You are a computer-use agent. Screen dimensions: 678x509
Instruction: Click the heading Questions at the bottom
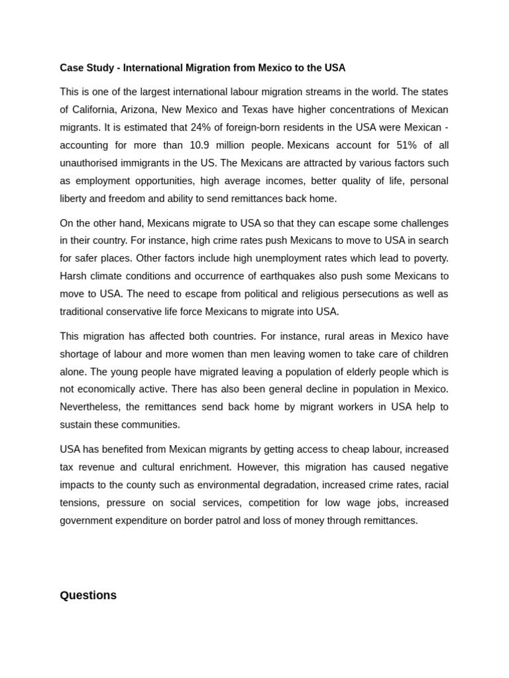[x=88, y=595]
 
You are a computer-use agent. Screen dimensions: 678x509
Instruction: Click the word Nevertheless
[x=91, y=407]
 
